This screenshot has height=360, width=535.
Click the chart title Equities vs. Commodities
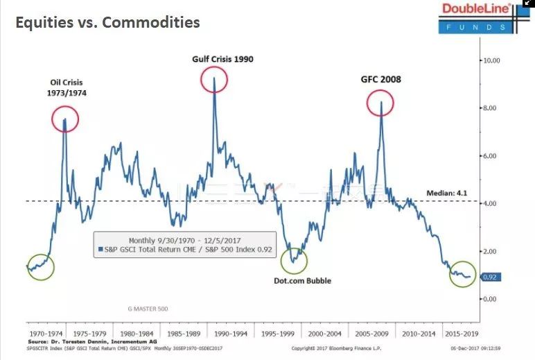pos(107,22)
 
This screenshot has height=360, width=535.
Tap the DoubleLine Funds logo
pos(477,17)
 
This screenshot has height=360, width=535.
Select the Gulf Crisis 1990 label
pos(222,59)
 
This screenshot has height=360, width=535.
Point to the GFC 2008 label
pos(380,79)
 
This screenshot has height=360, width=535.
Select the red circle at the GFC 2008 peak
pos(380,103)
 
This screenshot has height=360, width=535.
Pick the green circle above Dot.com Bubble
pos(294,260)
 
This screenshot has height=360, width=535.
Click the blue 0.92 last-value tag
pos(490,277)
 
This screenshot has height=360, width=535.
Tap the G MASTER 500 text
pos(148,308)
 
